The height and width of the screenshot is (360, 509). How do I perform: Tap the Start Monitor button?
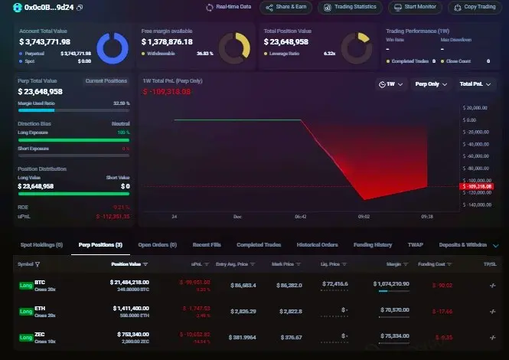tap(416, 7)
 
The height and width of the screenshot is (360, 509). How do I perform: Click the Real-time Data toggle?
tap(229, 7)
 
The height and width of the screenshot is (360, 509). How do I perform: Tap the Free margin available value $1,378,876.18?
tap(167, 42)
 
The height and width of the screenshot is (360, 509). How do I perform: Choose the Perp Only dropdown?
tap(429, 83)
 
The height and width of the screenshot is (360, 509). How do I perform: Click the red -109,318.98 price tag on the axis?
tap(478, 186)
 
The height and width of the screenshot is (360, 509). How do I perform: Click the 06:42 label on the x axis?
tap(300, 217)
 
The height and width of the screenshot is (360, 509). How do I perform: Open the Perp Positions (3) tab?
tap(100, 245)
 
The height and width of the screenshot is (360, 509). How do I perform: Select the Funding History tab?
tap(373, 245)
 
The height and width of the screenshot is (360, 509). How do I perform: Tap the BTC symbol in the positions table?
tap(40, 283)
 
